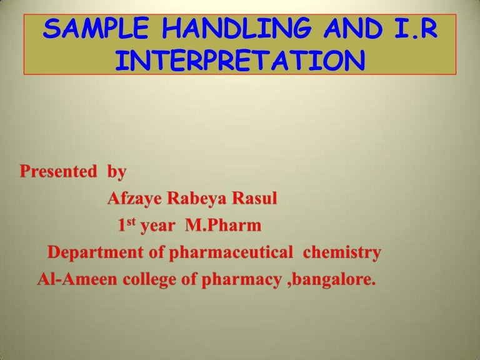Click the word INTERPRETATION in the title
coord(240,61)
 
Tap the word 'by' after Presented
coord(117,171)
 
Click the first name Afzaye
coord(134,199)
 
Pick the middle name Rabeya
coord(196,199)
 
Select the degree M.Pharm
coord(223,226)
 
